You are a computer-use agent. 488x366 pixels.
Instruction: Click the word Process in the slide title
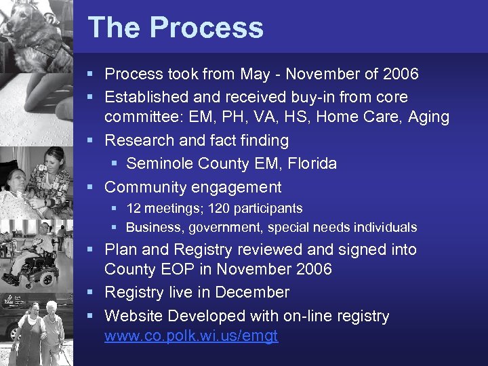[x=207, y=28]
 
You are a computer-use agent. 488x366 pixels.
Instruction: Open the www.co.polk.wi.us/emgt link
[x=191, y=336]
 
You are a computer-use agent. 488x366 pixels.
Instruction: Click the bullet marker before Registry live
[x=94, y=293]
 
